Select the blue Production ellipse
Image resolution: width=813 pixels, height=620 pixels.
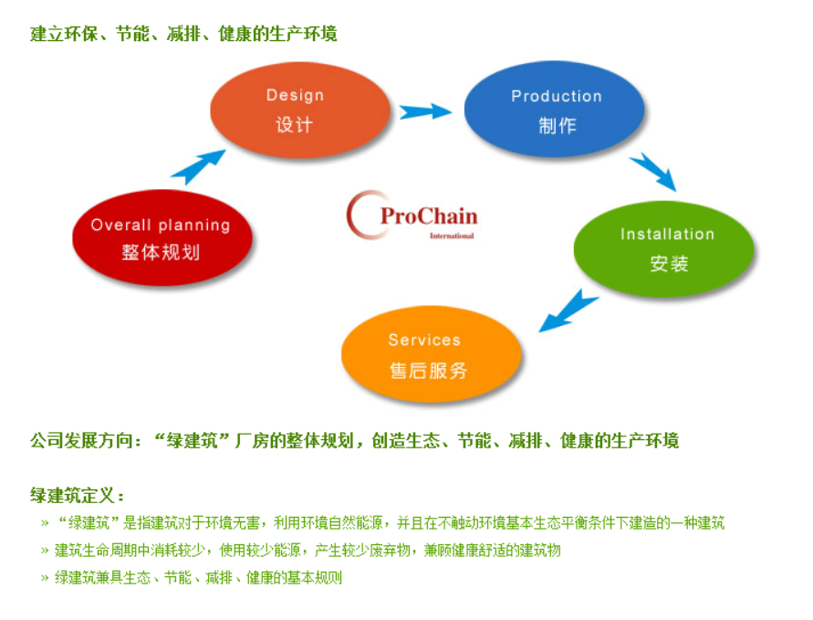tap(554, 110)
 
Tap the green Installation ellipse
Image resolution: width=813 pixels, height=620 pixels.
tap(664, 248)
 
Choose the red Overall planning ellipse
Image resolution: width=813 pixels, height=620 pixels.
tap(161, 238)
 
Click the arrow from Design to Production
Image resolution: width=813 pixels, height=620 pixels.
tap(425, 111)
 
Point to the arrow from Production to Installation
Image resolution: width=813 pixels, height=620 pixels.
tap(652, 171)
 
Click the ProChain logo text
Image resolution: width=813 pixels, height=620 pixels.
tap(428, 217)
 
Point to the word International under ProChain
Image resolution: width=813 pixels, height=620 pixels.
tap(452, 236)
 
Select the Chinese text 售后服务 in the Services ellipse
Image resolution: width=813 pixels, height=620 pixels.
tap(428, 371)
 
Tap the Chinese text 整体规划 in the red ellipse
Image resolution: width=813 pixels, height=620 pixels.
tap(161, 252)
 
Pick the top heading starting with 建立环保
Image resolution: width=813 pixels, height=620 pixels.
tap(183, 34)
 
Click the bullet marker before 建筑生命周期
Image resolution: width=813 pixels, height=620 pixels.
tap(45, 551)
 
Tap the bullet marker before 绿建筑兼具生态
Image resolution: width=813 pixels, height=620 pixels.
tap(45, 578)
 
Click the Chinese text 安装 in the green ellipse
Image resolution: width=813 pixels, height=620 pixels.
tap(669, 264)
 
